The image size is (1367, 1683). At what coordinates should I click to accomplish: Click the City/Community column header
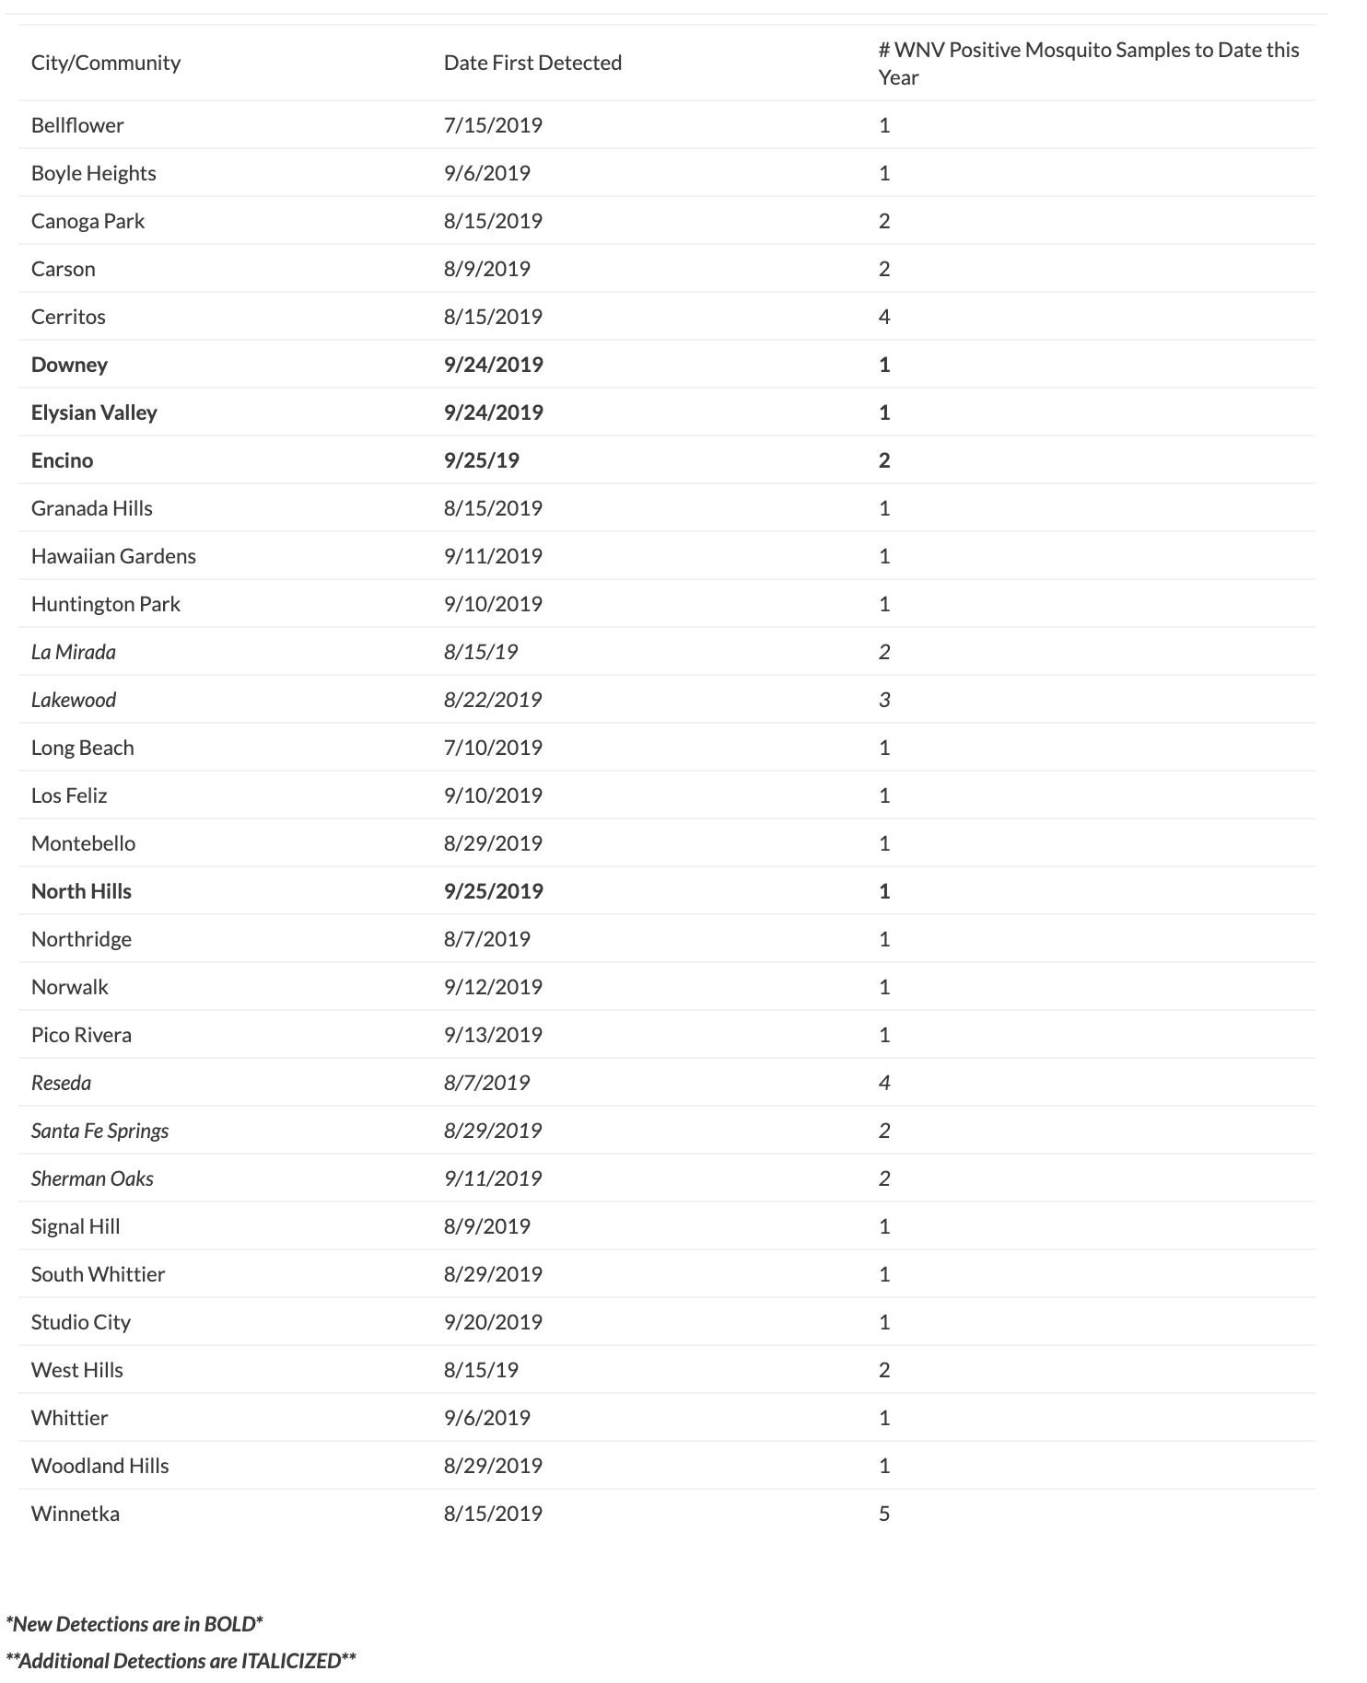click(x=106, y=63)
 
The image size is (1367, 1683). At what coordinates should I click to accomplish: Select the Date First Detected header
click(x=532, y=63)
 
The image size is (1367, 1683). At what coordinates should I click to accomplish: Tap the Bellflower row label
click(x=77, y=125)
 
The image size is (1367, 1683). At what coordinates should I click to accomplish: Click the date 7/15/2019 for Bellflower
click(x=493, y=125)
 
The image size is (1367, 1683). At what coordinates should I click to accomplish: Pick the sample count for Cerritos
click(x=884, y=317)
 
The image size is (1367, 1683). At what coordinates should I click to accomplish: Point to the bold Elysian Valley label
click(x=94, y=412)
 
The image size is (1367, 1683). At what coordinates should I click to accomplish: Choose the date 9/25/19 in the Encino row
click(x=482, y=460)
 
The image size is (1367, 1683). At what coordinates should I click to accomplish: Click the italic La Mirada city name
click(x=74, y=652)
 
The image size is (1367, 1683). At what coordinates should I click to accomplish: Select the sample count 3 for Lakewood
click(x=884, y=700)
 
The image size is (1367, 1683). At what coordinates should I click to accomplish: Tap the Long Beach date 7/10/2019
click(x=493, y=748)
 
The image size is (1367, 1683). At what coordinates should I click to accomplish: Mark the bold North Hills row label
click(x=81, y=891)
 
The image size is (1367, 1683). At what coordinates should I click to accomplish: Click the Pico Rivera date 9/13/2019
click(x=493, y=1035)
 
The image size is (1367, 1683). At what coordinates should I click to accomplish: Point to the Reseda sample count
click(x=884, y=1083)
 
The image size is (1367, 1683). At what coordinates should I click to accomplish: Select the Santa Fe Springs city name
click(x=100, y=1131)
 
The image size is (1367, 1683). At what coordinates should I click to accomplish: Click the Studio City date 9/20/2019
click(x=493, y=1322)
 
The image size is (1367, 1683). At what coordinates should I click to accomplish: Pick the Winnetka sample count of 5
click(x=884, y=1514)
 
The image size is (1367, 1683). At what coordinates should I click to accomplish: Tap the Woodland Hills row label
click(x=100, y=1466)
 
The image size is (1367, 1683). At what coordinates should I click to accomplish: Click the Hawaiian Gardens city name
click(x=113, y=556)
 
